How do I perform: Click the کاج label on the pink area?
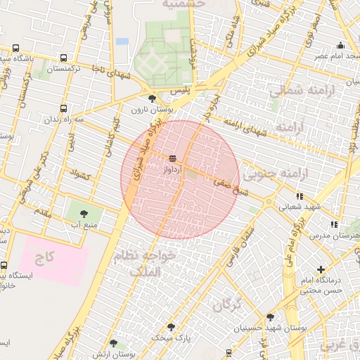pyautogui.click(x=46, y=257)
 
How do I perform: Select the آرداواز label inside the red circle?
pyautogui.click(x=173, y=169)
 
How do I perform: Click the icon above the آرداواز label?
pyautogui.click(x=173, y=157)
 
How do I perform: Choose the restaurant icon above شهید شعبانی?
pyautogui.click(x=300, y=196)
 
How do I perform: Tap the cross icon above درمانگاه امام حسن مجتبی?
pyautogui.click(x=321, y=269)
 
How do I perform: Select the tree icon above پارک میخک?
pyautogui.click(x=171, y=327)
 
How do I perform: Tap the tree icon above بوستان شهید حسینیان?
pyautogui.click(x=270, y=317)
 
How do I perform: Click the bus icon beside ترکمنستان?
pyautogui.click(x=64, y=58)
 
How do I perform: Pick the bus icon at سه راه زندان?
pyautogui.click(x=64, y=109)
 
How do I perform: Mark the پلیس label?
pyautogui.click(x=181, y=92)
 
